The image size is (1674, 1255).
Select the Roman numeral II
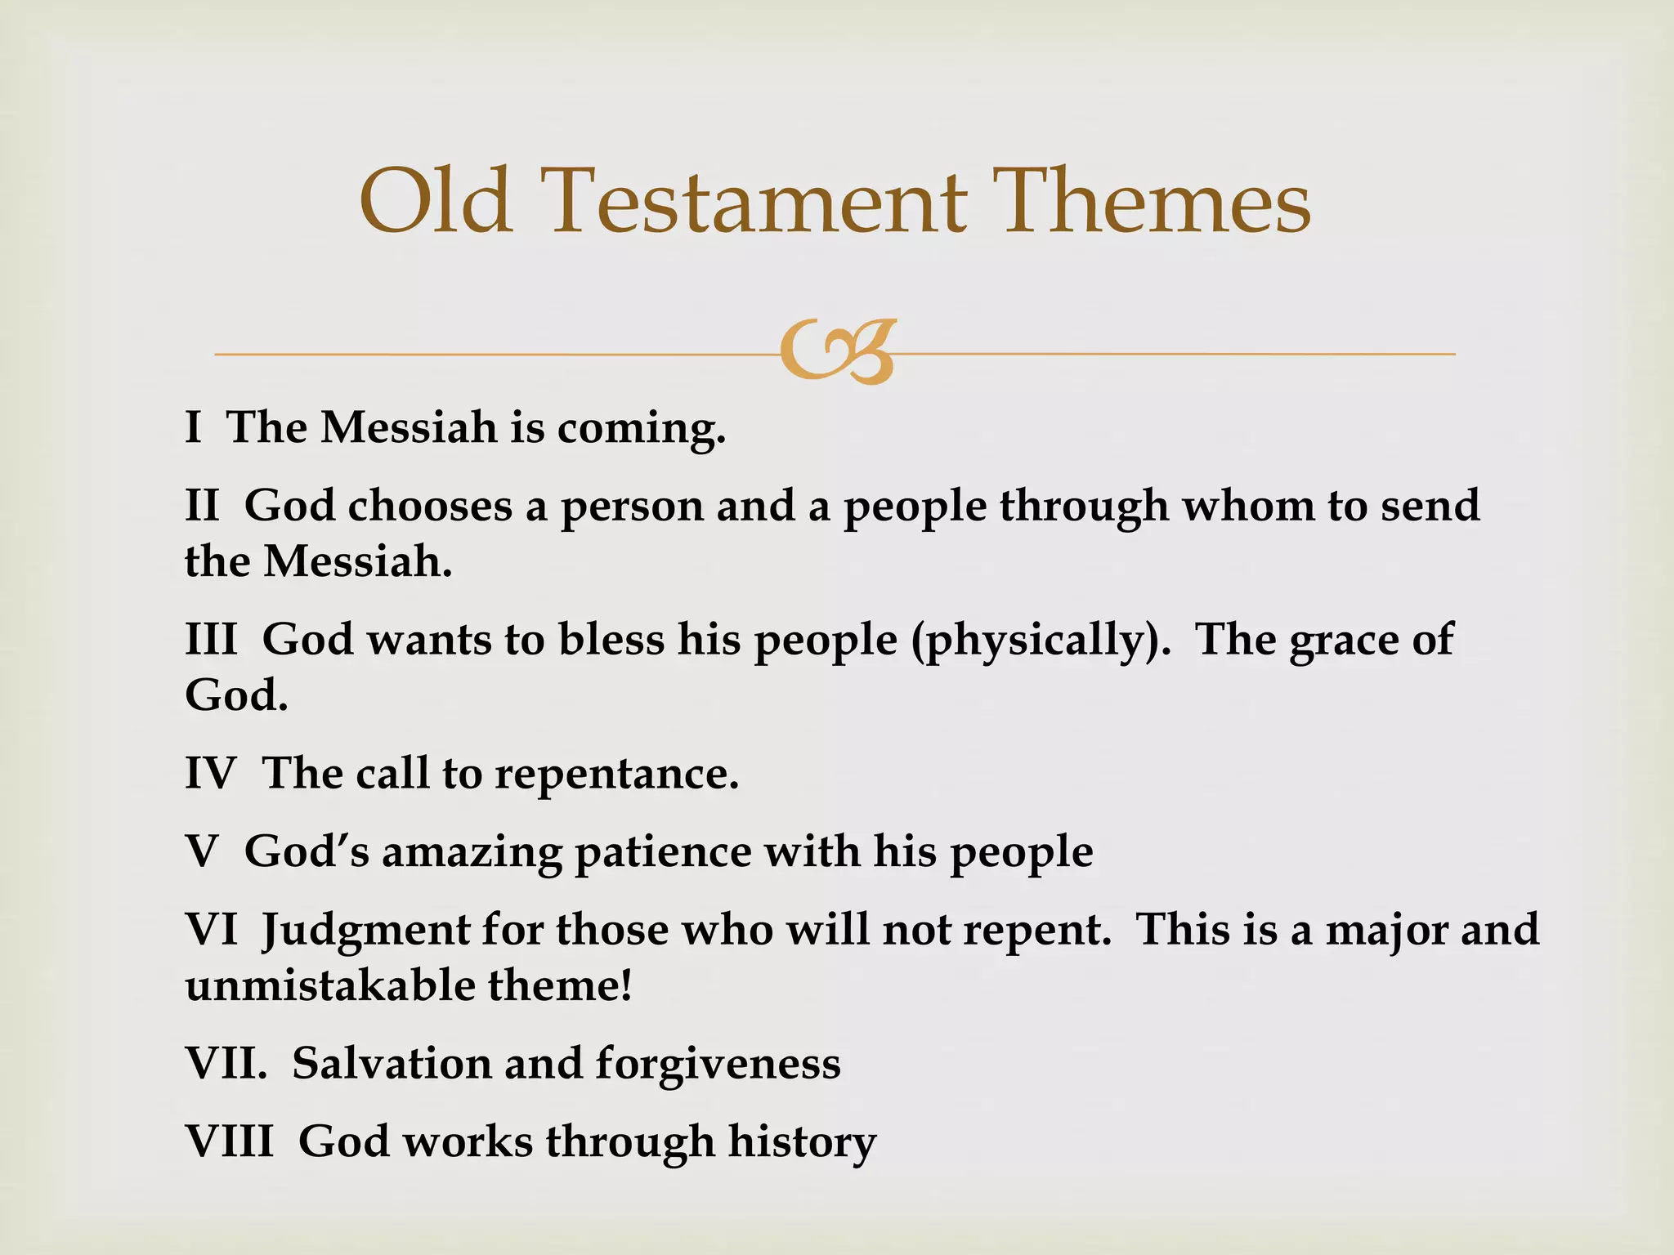[x=202, y=505]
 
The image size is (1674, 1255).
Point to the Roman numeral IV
[x=210, y=772]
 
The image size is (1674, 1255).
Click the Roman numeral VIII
[x=229, y=1140]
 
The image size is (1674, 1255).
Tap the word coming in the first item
[x=641, y=428]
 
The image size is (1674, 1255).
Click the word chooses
[x=430, y=505]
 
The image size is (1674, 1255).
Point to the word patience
[x=662, y=851]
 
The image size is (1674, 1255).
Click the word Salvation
[x=391, y=1063]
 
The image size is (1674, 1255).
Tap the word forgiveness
[x=718, y=1063]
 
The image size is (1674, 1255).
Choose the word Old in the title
[x=436, y=202]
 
